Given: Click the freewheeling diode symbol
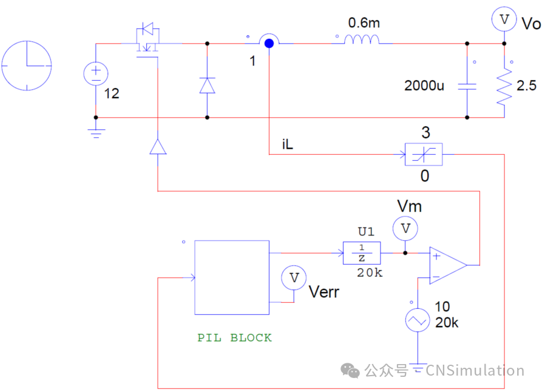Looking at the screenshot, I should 207,85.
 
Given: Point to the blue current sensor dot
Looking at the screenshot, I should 268,42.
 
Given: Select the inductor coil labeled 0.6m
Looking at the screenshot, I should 362,40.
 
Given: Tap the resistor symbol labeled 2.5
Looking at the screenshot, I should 504,87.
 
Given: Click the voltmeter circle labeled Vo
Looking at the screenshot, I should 504,19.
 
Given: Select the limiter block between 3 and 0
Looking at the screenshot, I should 423,154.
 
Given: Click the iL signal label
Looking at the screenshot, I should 288,145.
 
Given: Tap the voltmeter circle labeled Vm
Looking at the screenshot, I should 405,229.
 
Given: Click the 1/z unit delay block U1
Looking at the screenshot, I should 362,252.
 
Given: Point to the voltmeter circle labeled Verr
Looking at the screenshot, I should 294,278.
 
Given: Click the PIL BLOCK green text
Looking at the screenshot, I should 234,338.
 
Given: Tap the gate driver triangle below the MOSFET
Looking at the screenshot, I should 158,147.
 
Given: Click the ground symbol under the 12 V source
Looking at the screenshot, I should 95,132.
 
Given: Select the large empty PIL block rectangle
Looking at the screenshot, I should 231,277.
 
